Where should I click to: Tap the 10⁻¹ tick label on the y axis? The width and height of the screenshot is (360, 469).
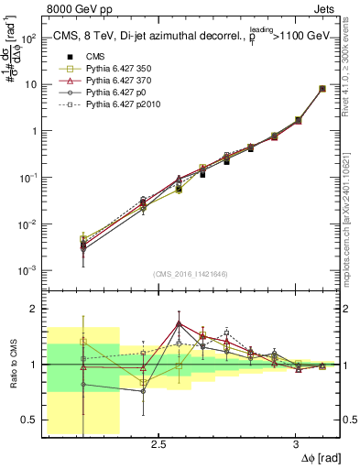coord(26,178)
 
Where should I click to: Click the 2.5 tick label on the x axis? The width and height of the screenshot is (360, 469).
coord(158,444)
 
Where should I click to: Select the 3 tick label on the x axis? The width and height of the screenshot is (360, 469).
coord(295,444)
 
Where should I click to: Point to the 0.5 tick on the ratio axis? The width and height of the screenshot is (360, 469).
coord(30,420)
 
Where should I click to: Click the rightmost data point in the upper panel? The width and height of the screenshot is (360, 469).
coord(322,89)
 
